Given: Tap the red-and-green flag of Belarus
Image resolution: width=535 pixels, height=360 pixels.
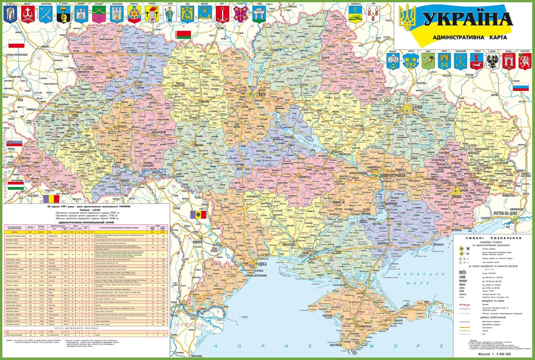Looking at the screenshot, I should click(x=183, y=35).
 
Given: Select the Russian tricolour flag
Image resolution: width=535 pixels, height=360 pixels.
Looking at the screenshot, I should click(x=520, y=87).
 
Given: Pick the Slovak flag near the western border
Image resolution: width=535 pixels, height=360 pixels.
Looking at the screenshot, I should click(x=14, y=145).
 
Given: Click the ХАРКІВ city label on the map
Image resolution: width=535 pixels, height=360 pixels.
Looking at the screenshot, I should click(x=414, y=112).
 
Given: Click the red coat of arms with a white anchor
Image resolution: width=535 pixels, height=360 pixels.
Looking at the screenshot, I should click(x=222, y=13).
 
